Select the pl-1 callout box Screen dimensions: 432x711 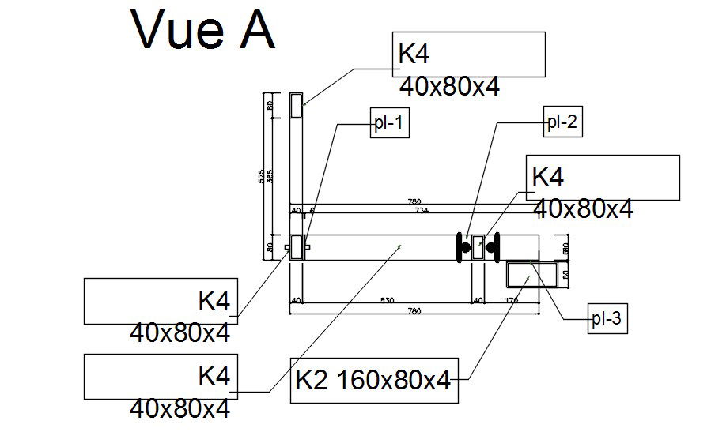390,123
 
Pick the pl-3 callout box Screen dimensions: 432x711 607,319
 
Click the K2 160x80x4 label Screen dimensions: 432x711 373,380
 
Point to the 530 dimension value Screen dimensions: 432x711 388,301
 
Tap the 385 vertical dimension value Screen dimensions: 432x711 270,176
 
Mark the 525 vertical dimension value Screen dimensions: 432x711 262,176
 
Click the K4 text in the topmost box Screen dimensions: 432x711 414,54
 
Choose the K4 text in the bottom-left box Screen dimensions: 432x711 214,375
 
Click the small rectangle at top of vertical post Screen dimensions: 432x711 296,105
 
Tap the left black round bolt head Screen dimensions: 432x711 462,247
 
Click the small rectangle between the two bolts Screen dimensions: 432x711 478,247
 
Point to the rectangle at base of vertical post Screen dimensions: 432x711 297,247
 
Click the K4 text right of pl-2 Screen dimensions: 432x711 548,177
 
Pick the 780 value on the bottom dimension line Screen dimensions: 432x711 414,311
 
